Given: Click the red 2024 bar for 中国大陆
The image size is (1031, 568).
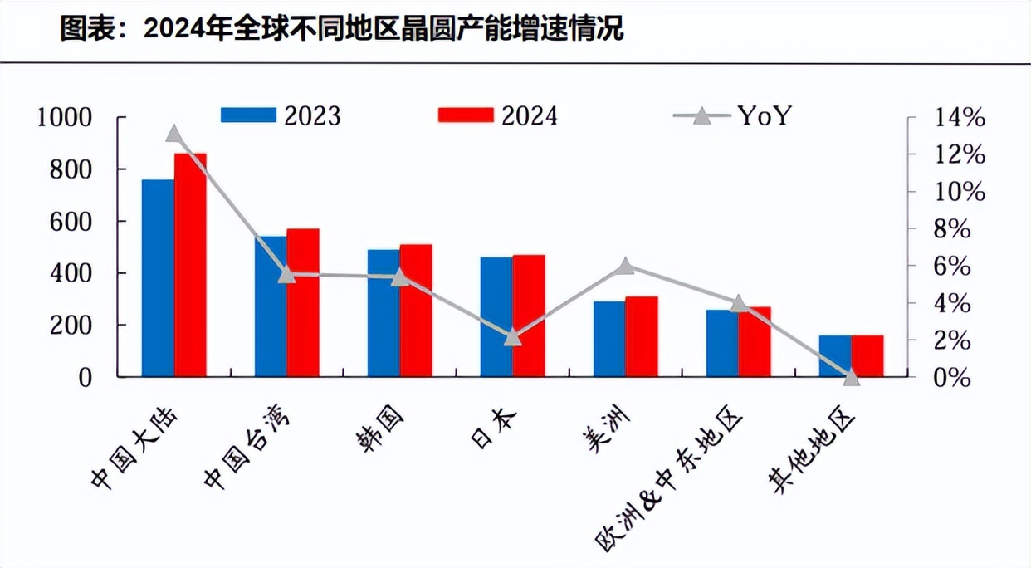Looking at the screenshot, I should (x=190, y=266).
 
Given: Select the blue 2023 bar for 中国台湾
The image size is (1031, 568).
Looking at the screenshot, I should (x=271, y=307).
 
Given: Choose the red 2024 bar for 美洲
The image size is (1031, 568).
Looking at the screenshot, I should (x=642, y=337).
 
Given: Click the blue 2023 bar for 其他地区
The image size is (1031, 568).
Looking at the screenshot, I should (x=835, y=356).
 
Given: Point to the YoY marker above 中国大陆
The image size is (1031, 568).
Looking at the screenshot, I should (x=174, y=134).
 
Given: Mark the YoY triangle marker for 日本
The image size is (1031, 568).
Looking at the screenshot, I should (x=513, y=337).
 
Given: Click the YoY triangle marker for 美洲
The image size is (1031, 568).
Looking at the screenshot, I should (x=626, y=267).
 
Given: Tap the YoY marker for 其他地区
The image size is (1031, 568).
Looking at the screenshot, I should (x=851, y=377).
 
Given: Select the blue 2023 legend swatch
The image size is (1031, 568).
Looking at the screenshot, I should (x=248, y=115).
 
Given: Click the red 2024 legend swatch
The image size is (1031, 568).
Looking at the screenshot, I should (x=466, y=115).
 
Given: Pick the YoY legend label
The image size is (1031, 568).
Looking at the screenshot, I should (x=765, y=115).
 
